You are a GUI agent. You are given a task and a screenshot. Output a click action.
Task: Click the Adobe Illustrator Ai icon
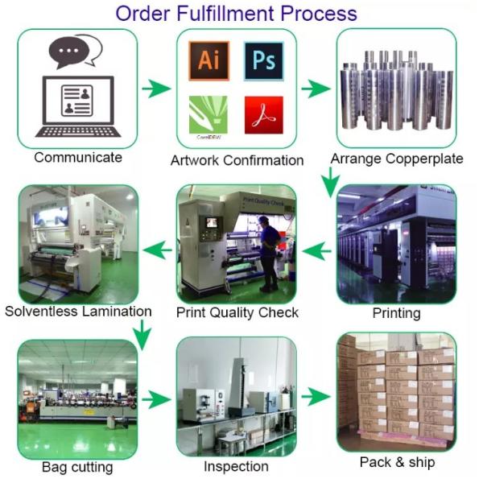[x=208, y=60]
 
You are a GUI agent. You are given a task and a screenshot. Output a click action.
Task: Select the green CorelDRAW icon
[x=208, y=114]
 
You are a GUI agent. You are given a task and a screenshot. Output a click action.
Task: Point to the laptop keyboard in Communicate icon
[x=78, y=129]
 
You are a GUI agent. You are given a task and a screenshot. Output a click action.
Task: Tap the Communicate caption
[x=78, y=157]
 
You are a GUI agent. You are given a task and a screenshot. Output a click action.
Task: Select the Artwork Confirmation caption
[x=237, y=160]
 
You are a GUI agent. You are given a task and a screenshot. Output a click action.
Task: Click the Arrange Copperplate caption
[x=397, y=158]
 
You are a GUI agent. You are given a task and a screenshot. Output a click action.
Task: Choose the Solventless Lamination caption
[x=78, y=311]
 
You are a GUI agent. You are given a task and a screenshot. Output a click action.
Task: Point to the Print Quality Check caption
[x=237, y=312]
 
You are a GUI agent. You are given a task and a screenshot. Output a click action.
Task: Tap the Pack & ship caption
[x=397, y=462]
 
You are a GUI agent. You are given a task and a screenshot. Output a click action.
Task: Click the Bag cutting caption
[x=77, y=467]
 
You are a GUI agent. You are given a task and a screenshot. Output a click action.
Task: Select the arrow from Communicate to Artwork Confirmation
[x=156, y=89]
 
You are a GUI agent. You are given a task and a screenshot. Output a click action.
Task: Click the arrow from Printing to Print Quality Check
[x=317, y=252]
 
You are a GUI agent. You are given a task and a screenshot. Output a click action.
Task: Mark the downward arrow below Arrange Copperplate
[x=328, y=183]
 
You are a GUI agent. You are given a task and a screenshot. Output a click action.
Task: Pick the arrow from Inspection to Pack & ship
[x=317, y=397]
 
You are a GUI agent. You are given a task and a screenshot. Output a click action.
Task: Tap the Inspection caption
[x=236, y=466]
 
